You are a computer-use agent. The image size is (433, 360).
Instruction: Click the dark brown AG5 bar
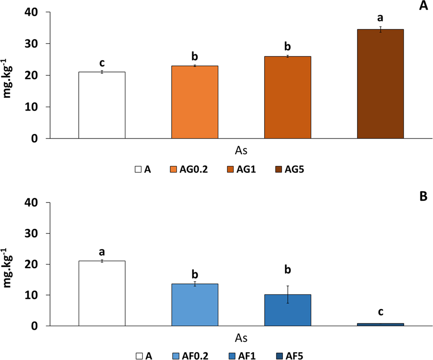[x=381, y=84]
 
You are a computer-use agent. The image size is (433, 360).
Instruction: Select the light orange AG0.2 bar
[x=195, y=102]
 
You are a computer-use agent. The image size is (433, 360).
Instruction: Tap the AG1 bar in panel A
[x=287, y=97]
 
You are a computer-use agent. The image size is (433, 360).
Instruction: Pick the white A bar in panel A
[x=102, y=105]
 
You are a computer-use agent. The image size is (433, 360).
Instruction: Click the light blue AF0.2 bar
[x=195, y=305]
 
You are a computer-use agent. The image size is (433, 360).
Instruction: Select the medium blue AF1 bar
[x=287, y=310]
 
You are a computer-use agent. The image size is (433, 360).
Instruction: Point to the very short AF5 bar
[x=381, y=325]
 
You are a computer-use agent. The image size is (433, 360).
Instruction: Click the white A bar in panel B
[x=102, y=294]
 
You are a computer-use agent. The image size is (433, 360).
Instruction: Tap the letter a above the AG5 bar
[x=381, y=18]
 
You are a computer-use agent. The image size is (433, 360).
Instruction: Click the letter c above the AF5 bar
[x=381, y=312]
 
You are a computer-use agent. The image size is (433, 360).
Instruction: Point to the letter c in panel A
[x=102, y=62]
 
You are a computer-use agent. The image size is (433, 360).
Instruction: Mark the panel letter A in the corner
[x=423, y=6]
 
